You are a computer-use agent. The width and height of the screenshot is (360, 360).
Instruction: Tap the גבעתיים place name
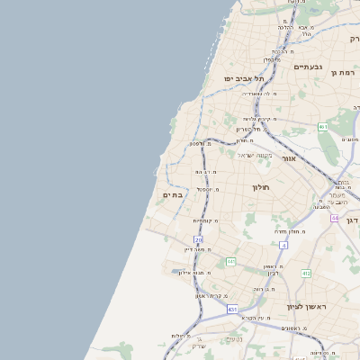pos(307,67)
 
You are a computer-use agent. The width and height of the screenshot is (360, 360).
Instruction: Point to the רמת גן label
pos(345,72)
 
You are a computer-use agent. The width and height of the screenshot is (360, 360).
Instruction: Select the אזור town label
pos(288,158)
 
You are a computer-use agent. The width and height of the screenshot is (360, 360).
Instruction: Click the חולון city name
pos(261,186)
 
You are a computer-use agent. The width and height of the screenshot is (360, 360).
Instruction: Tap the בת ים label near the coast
pos(172,194)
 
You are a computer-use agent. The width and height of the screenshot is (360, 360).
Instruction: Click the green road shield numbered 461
pos(322,127)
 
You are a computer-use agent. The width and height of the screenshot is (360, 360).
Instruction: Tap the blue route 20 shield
pos(198,239)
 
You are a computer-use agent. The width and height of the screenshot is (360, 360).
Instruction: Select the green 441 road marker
pos(231,261)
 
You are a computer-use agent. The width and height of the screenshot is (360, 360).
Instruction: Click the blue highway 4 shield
pos(283,245)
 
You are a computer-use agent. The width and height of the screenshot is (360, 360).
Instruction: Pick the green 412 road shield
pos(306,273)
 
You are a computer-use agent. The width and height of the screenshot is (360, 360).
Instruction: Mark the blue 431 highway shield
pos(232,309)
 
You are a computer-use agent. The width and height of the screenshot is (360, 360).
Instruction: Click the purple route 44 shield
pos(335,219)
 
